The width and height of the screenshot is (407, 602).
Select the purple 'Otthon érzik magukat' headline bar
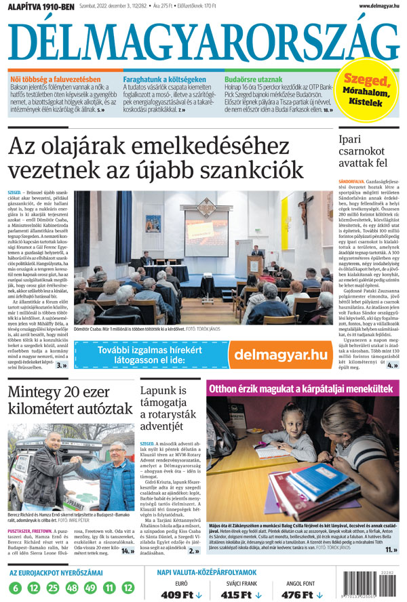click(x=303, y=388)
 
